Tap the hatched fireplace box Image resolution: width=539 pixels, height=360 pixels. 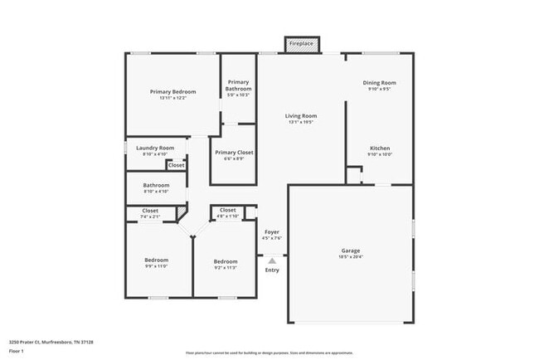[301, 49]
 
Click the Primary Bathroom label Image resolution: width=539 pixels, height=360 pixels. [239, 85]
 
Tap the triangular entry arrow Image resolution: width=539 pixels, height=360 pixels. [272, 260]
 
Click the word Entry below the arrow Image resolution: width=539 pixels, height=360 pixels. [272, 270]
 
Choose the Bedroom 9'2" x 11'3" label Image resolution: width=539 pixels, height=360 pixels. [225, 262]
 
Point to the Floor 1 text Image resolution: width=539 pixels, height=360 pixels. [17, 350]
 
